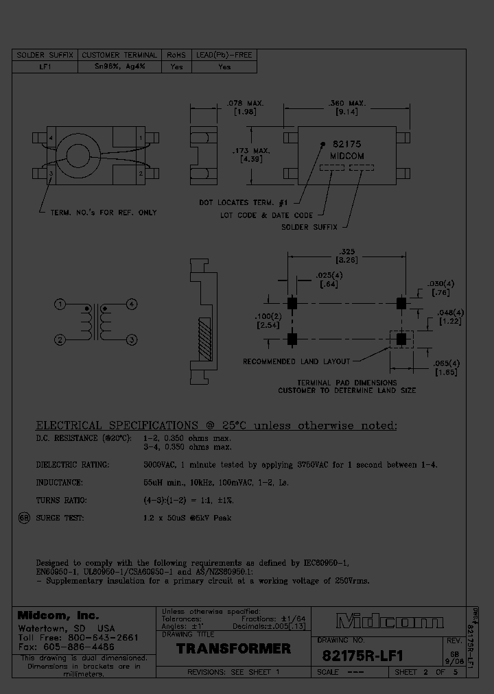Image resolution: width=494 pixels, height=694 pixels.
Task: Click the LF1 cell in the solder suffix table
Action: click(x=46, y=67)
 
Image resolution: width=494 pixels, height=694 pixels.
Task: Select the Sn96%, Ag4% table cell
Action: click(x=119, y=67)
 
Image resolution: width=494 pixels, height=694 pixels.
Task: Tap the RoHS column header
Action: click(x=176, y=55)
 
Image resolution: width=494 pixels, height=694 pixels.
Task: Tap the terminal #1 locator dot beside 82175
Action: click(x=323, y=145)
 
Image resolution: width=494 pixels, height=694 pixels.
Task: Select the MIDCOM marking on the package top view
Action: click(x=347, y=156)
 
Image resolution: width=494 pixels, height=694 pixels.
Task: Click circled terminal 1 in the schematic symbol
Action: click(x=61, y=304)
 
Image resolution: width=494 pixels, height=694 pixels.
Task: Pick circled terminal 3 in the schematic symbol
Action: click(x=132, y=339)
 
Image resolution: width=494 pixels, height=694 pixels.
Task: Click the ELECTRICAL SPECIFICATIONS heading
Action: click(x=216, y=425)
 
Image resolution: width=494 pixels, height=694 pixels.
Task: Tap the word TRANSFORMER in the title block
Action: click(x=234, y=648)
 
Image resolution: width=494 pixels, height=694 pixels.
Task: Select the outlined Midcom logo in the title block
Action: click(x=390, y=622)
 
